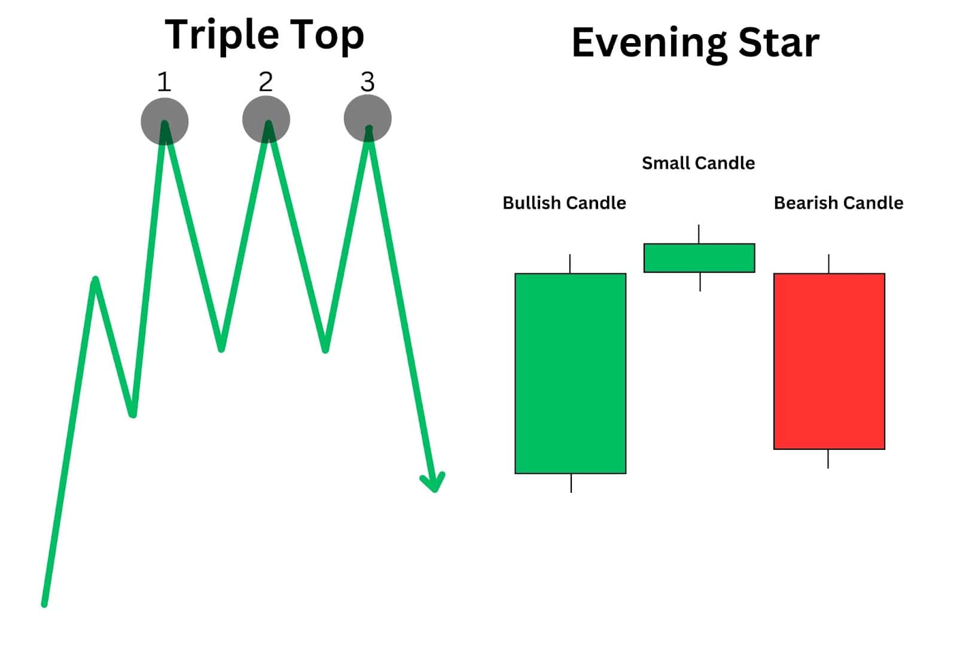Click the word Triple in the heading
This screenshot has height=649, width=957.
coord(222,35)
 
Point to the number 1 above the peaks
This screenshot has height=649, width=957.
coord(164,81)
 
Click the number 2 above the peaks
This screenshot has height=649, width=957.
coord(266,81)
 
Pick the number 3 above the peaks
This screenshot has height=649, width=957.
coord(367,81)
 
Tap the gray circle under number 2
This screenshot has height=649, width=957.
coord(266,120)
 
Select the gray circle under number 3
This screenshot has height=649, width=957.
coord(367,118)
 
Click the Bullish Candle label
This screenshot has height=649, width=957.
coord(565,203)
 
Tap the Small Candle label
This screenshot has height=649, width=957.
coord(699,163)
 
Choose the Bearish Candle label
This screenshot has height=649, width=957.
coord(839,203)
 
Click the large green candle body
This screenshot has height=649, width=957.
coord(571,373)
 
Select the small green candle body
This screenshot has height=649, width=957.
coord(699,258)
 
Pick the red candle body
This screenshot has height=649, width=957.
coord(829,361)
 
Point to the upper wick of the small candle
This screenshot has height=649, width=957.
coord(699,234)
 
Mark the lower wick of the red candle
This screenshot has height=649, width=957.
coord(828,459)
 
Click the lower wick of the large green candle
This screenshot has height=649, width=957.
coord(571,483)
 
